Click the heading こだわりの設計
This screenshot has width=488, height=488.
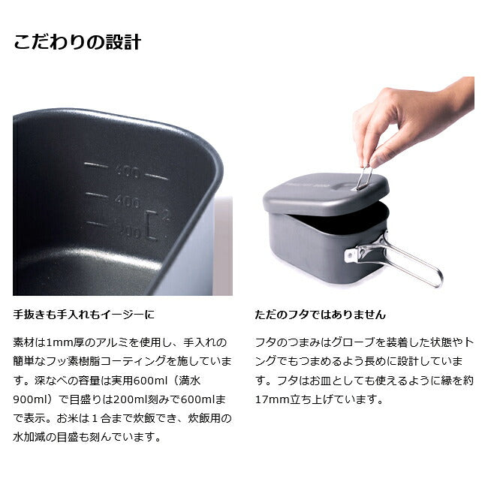coord(77,42)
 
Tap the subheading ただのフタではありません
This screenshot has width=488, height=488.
coord(321,315)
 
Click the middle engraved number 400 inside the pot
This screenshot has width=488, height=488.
coord(128,201)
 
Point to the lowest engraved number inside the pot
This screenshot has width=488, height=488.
coord(128,230)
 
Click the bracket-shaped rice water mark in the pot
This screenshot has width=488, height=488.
coord(153,224)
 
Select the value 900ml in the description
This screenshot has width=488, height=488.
coord(29,399)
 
